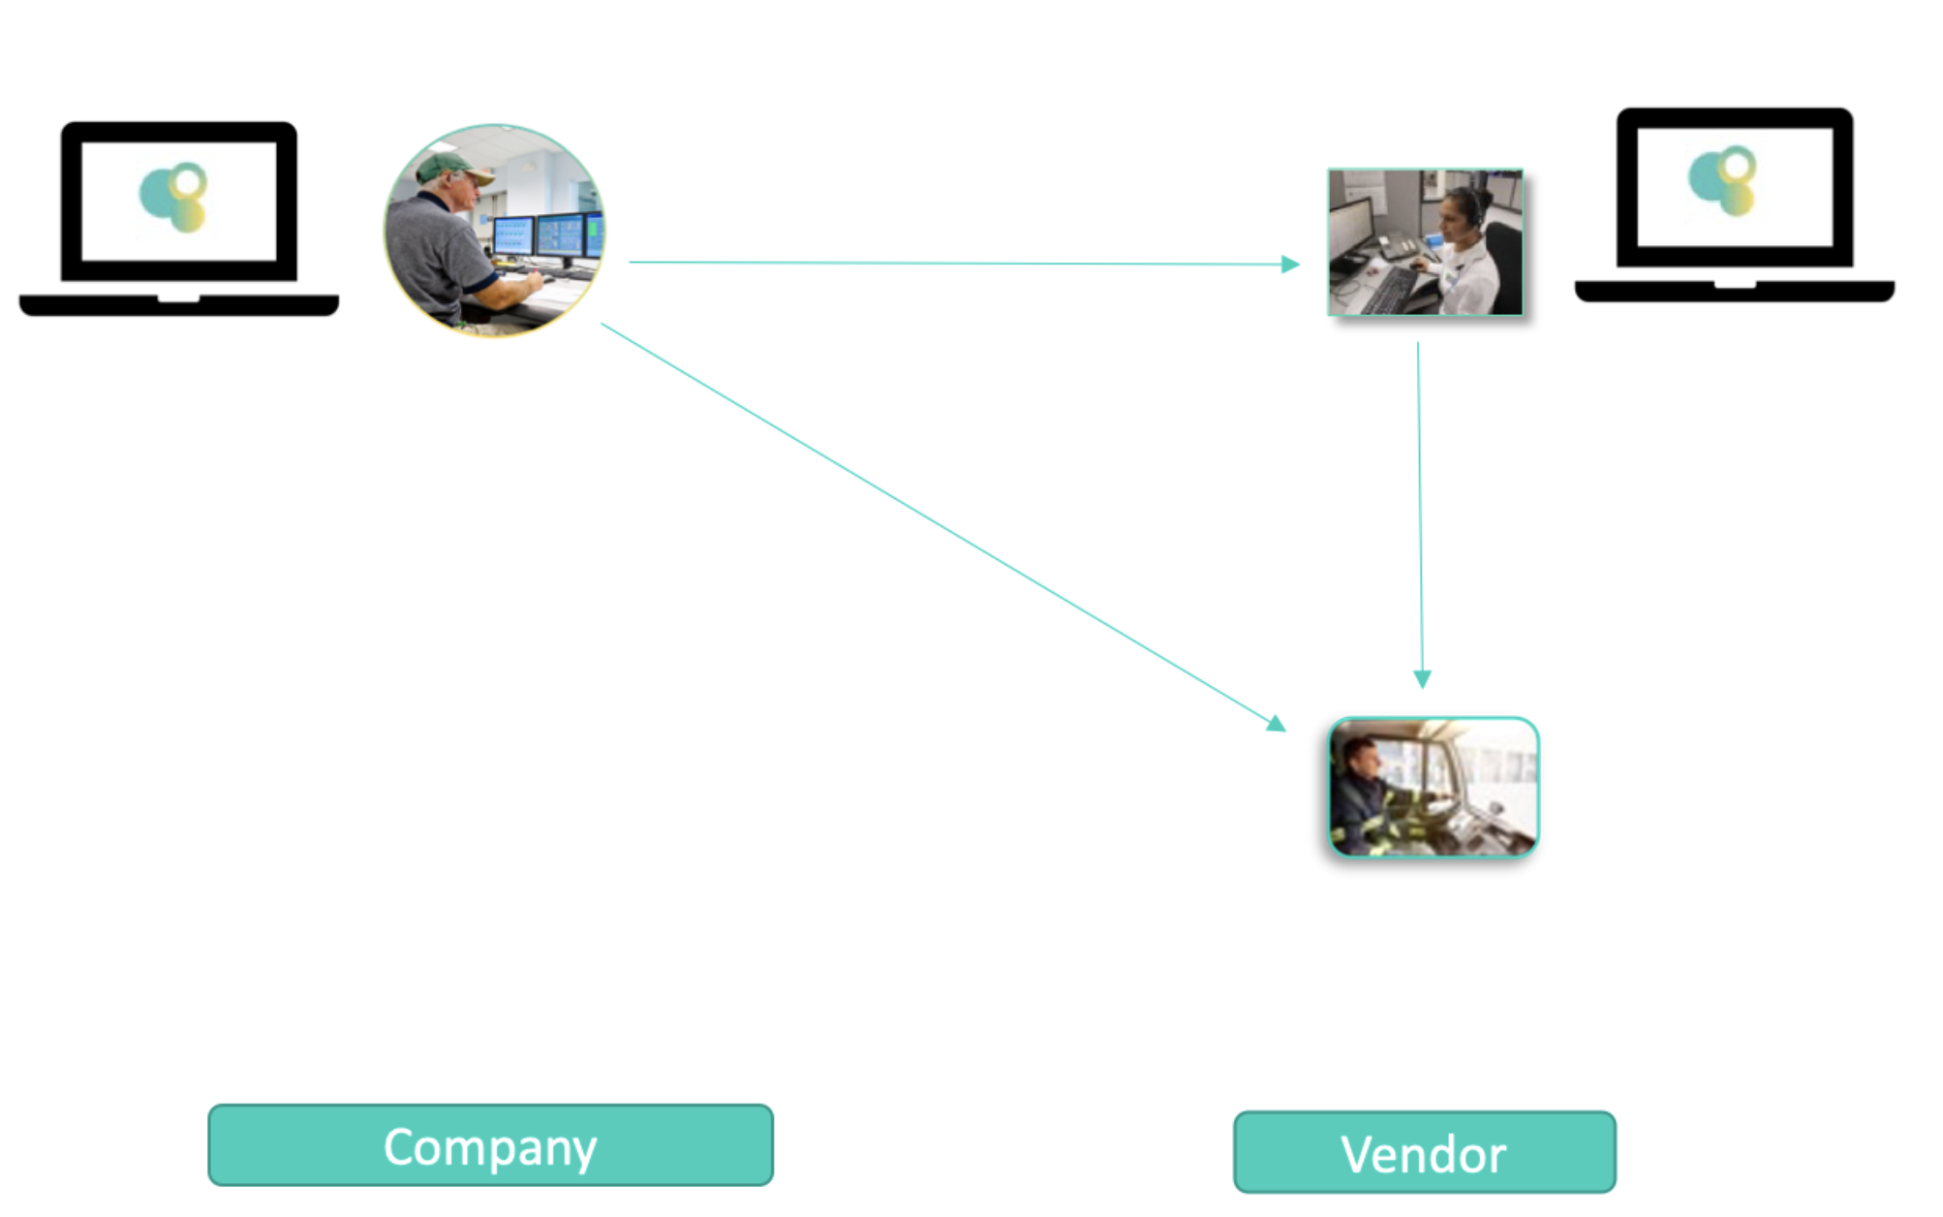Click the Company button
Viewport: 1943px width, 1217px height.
[x=490, y=1145]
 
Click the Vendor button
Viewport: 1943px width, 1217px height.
[x=1424, y=1152]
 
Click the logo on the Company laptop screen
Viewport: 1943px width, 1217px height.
[x=175, y=197]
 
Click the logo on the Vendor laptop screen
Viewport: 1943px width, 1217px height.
[x=1724, y=180]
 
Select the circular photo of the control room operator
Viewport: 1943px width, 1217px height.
[x=494, y=230]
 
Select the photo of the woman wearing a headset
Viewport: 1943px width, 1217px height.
[x=1425, y=242]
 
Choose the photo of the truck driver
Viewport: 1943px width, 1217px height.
[x=1433, y=787]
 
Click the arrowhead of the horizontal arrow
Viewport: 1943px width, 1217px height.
[x=1290, y=264]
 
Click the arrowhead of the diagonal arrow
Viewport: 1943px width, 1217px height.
[x=1277, y=723]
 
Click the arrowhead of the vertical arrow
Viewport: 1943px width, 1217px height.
[x=1422, y=678]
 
